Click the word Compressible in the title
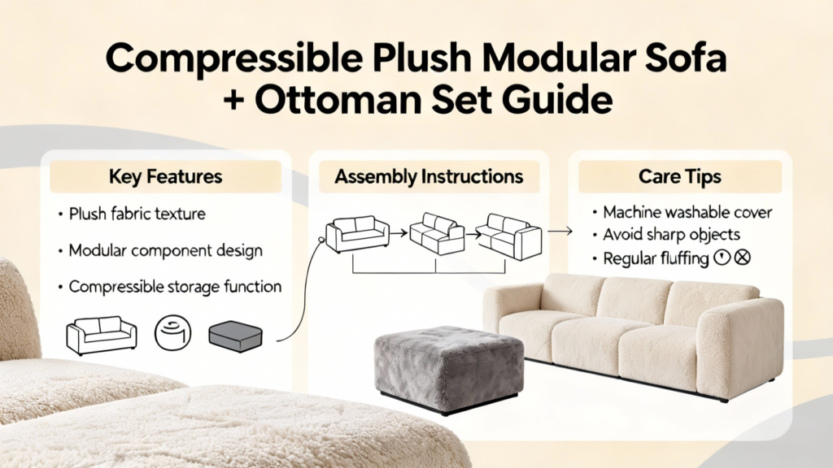pyautogui.click(x=233, y=58)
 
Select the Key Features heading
pyautogui.click(x=165, y=176)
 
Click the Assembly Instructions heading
pyautogui.click(x=429, y=176)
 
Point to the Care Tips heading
pyautogui.click(x=679, y=176)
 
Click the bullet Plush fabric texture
pyautogui.click(x=137, y=214)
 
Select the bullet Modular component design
pyautogui.click(x=166, y=250)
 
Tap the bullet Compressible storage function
pyautogui.click(x=176, y=287)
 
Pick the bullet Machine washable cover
pyautogui.click(x=687, y=212)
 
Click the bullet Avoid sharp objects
pyautogui.click(x=671, y=235)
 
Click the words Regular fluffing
pyautogui.click(x=656, y=259)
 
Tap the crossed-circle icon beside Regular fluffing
pyautogui.click(x=742, y=258)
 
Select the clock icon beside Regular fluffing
pyautogui.click(x=722, y=258)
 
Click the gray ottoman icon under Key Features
pyautogui.click(x=235, y=336)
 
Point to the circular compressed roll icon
pyautogui.click(x=172, y=332)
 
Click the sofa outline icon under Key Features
pyautogui.click(x=101, y=336)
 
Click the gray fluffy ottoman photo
pyautogui.click(x=449, y=370)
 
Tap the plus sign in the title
pyautogui.click(x=233, y=100)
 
